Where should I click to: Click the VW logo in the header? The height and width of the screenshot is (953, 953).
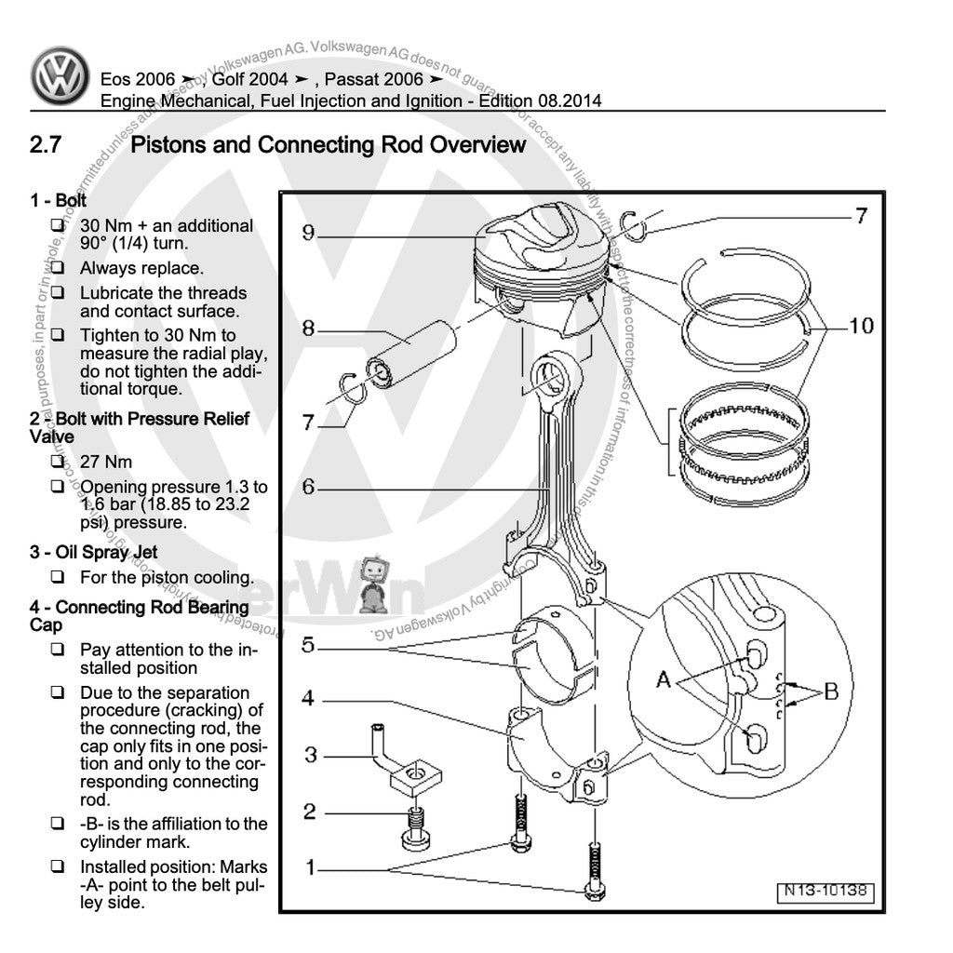click(60, 75)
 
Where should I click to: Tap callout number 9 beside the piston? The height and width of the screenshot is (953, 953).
click(307, 234)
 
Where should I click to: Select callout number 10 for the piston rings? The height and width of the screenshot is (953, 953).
click(861, 326)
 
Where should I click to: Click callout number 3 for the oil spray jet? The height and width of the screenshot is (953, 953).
click(311, 755)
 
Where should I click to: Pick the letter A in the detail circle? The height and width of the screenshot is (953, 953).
click(664, 680)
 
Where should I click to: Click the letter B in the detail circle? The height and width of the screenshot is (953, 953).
click(831, 691)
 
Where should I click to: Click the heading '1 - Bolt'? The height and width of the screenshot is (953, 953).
click(58, 200)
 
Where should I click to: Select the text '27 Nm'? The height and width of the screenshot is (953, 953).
click(106, 462)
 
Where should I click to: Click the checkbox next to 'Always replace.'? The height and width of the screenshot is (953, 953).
click(58, 268)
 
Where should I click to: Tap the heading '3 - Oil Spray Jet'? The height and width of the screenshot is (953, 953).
click(93, 552)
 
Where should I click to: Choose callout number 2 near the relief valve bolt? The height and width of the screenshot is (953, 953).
click(310, 812)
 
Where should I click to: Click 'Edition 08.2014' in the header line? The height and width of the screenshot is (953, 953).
click(540, 101)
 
